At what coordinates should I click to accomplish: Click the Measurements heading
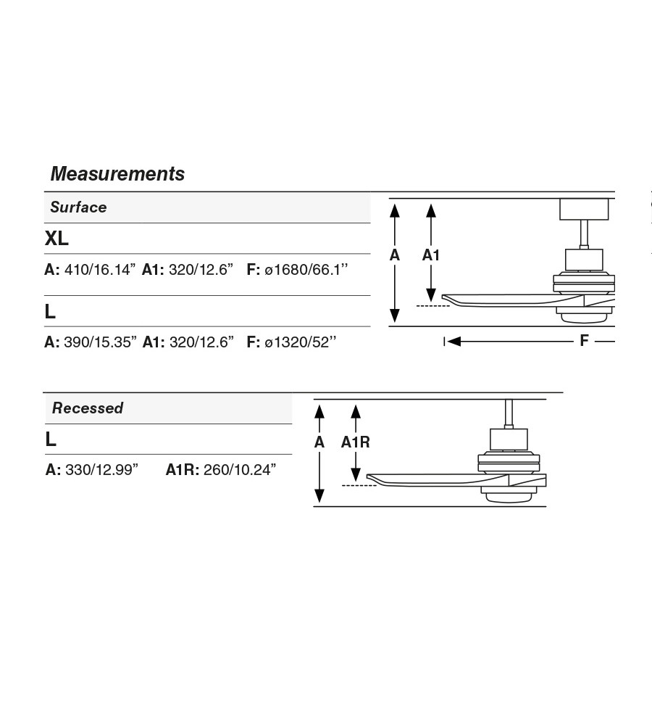click(117, 174)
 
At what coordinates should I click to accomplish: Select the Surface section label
click(78, 207)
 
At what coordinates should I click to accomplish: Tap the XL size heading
click(57, 238)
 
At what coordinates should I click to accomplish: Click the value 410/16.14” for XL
click(100, 269)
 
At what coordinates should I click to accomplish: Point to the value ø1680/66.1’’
click(306, 269)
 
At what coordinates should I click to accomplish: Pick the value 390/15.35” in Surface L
click(100, 342)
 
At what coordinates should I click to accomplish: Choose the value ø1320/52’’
click(301, 342)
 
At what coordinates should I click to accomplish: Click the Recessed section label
click(88, 408)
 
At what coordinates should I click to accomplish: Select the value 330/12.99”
click(101, 470)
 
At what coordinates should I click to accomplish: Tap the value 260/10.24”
click(240, 470)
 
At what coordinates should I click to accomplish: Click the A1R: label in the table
click(182, 470)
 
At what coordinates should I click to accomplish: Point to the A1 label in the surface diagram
click(430, 255)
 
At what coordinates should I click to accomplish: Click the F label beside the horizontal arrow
click(584, 341)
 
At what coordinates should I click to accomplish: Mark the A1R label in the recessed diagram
click(356, 442)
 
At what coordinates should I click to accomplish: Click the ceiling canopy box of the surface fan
click(585, 210)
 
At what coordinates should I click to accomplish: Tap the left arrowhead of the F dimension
click(454, 341)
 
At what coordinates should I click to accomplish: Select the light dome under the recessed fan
click(509, 498)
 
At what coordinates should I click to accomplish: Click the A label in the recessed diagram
click(319, 442)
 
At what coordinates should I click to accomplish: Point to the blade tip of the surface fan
click(443, 297)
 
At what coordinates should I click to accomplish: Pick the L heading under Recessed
click(51, 440)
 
